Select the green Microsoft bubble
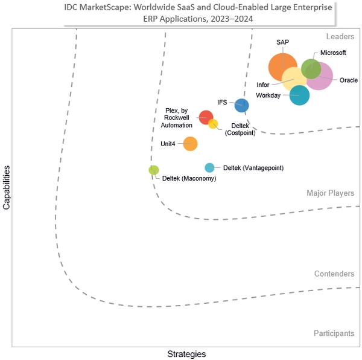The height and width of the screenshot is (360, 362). click(311, 69)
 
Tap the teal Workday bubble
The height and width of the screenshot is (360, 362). click(299, 95)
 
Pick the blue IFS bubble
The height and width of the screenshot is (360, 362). click(242, 105)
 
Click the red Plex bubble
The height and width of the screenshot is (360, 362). click(206, 117)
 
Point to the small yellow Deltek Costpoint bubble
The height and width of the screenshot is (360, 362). click(213, 124)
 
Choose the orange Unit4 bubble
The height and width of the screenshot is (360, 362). click(190, 144)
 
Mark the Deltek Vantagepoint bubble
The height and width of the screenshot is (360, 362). click(209, 168)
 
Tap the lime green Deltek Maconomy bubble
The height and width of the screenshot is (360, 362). click(154, 170)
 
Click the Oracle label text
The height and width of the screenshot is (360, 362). click(349, 80)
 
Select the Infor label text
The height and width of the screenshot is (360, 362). click(262, 85)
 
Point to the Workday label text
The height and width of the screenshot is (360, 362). click(268, 95)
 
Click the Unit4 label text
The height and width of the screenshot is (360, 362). click(168, 144)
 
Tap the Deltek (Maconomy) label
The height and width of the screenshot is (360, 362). click(189, 178)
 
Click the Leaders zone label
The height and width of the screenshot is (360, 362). click(340, 36)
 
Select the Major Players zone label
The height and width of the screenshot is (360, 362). click(331, 193)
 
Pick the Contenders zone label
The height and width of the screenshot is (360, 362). click(334, 274)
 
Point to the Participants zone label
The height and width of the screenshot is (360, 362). click(334, 333)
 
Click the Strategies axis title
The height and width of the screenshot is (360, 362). click(186, 354)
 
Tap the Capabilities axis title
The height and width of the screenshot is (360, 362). click(6, 188)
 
